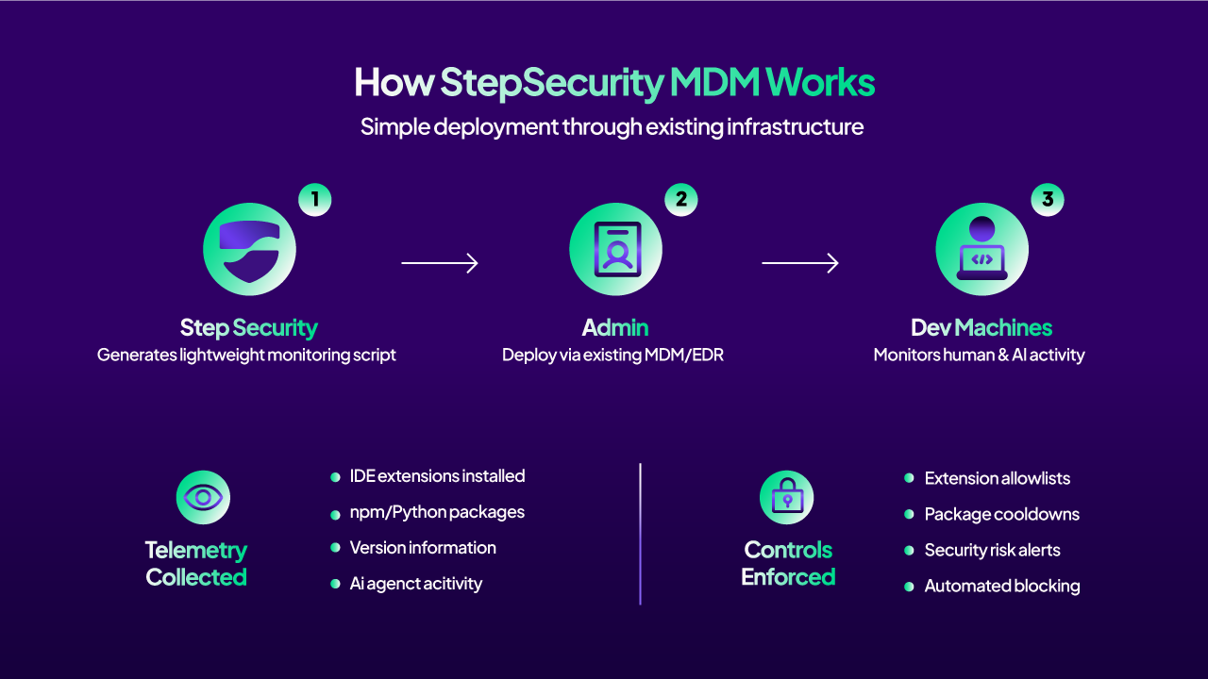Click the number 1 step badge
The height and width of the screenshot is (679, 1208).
[315, 199]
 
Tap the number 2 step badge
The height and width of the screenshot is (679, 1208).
[681, 199]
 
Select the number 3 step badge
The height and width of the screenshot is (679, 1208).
[1048, 199]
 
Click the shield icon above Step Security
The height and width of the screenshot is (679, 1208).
[249, 249]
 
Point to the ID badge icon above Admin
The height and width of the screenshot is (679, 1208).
[616, 249]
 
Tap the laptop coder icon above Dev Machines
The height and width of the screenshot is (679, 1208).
[982, 249]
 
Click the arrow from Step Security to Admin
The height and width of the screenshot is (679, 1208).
[440, 263]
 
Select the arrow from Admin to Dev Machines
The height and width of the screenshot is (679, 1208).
[800, 263]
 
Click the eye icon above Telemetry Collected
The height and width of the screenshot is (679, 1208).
[203, 497]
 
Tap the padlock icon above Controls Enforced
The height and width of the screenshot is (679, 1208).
[787, 497]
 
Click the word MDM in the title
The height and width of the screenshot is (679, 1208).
[714, 82]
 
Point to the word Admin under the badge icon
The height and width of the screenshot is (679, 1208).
[615, 327]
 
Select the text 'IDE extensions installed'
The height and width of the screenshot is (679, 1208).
[437, 476]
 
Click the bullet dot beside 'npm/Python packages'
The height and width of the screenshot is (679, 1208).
[335, 515]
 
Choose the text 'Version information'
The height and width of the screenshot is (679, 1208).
[423, 548]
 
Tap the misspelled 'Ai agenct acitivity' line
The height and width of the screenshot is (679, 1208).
[416, 584]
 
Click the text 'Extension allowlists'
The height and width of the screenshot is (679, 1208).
[998, 478]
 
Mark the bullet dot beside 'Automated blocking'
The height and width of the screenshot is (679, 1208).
[909, 587]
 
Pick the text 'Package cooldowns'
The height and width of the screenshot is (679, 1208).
[1002, 514]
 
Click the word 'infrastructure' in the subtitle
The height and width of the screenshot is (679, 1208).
[795, 127]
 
